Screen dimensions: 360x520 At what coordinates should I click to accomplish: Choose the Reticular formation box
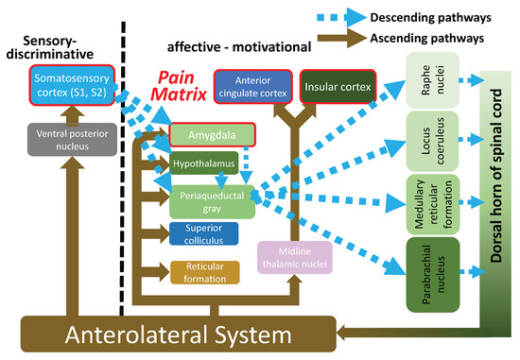(x=204, y=272)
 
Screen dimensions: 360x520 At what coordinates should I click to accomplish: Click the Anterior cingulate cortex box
(x=252, y=86)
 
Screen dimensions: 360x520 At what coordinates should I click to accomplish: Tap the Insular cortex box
(x=337, y=87)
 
